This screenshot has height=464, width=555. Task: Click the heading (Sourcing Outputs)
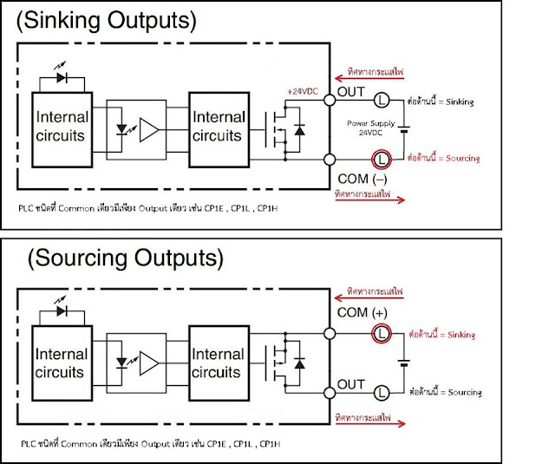123,259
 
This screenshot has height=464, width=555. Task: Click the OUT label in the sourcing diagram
352,384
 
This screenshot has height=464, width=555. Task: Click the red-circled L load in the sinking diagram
380,159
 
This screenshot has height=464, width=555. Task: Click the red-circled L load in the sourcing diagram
380,333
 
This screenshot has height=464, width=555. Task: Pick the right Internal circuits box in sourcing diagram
218,363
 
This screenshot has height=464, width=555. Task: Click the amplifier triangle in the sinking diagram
149,129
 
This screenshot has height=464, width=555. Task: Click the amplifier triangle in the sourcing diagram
149,363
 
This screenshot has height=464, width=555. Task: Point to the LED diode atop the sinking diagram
62,75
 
